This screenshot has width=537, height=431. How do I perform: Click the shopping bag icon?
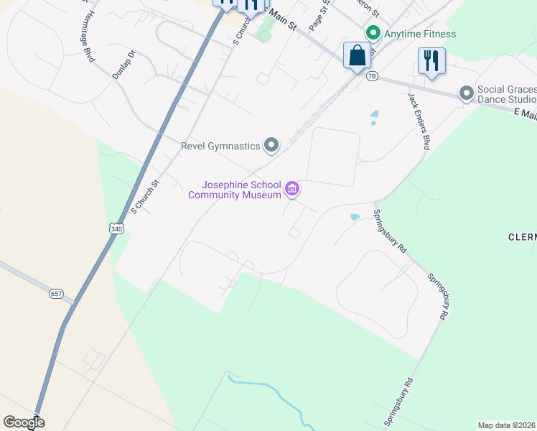point(357,55)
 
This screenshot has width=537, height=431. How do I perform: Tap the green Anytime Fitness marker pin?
point(373,33)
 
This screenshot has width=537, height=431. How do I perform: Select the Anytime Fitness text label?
point(421,34)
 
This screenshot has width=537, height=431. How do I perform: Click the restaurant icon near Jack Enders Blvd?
point(431,60)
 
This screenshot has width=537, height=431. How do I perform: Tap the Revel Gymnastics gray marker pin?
point(271,146)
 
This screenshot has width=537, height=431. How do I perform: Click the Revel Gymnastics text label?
point(219,146)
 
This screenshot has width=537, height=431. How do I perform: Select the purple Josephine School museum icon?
point(292,190)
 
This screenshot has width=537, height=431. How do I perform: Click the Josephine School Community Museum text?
point(235,190)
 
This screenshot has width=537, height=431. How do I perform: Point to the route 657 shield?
point(57,294)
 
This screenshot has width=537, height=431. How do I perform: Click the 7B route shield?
point(371,76)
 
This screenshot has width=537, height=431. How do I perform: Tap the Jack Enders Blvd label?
point(419,121)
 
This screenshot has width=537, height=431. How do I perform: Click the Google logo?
point(24,422)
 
